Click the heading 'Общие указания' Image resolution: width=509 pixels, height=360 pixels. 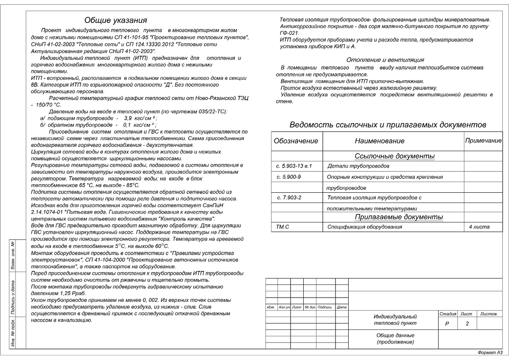click(x=115, y=20)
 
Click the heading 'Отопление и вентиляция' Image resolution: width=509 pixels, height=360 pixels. click(x=385, y=60)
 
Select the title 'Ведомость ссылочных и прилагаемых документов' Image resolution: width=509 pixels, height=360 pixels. click(x=388, y=125)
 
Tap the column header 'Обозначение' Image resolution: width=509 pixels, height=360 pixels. click(x=296, y=141)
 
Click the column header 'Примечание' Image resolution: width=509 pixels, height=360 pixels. click(x=483, y=141)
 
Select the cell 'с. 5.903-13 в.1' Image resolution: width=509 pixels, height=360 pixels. click(x=294, y=166)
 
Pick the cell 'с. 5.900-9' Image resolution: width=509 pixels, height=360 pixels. click(x=288, y=177)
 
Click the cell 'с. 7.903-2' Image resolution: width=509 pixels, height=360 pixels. click(x=289, y=198)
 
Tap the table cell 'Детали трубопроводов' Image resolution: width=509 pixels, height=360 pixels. click(x=358, y=166)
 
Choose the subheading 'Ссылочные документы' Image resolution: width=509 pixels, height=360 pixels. click(x=394, y=157)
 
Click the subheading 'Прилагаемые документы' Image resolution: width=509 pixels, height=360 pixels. click(x=398, y=217)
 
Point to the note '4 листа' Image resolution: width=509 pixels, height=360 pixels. click(x=479, y=227)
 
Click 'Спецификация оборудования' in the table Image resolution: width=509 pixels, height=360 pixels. click(x=364, y=227)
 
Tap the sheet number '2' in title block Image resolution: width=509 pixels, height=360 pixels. click(x=467, y=324)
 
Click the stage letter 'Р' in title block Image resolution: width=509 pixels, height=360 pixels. click(x=447, y=324)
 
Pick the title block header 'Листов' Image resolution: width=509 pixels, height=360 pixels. click(x=488, y=314)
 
